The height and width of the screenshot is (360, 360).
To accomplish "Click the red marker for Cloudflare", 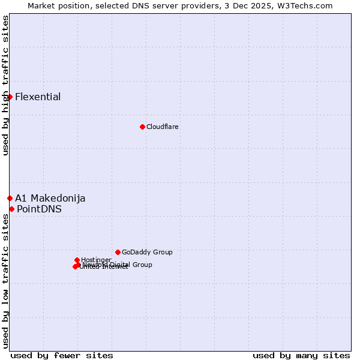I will pyautogui.click(x=142, y=127).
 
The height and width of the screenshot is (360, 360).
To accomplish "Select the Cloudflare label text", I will pyautogui.click(x=163, y=127).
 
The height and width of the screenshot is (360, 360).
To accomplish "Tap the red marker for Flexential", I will pyautogui.click(x=10, y=97).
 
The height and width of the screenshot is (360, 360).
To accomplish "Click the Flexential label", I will pyautogui.click(x=38, y=97).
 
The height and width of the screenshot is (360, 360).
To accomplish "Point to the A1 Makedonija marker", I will pyautogui.click(x=10, y=198).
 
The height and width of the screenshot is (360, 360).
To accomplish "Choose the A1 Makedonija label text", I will pyautogui.click(x=50, y=198).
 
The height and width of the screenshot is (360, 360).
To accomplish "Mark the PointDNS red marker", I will pyautogui.click(x=11, y=209).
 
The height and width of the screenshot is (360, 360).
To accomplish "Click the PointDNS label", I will pyautogui.click(x=39, y=209).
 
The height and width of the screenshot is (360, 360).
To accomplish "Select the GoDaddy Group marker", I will pyautogui.click(x=118, y=252).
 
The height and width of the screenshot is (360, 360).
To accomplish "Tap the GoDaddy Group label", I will pyautogui.click(x=147, y=252).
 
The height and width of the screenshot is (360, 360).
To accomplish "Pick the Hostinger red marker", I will pyautogui.click(x=77, y=260).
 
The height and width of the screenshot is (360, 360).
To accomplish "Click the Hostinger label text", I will pyautogui.click(x=96, y=260).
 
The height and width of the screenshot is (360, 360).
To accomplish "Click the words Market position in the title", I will pyautogui.click(x=56, y=5).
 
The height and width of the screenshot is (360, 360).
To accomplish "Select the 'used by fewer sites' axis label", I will pyautogui.click(x=62, y=355).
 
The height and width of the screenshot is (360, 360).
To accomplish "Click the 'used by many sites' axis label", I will pyautogui.click(x=301, y=355).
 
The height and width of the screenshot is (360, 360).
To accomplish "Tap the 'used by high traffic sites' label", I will pyautogui.click(x=5, y=85).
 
